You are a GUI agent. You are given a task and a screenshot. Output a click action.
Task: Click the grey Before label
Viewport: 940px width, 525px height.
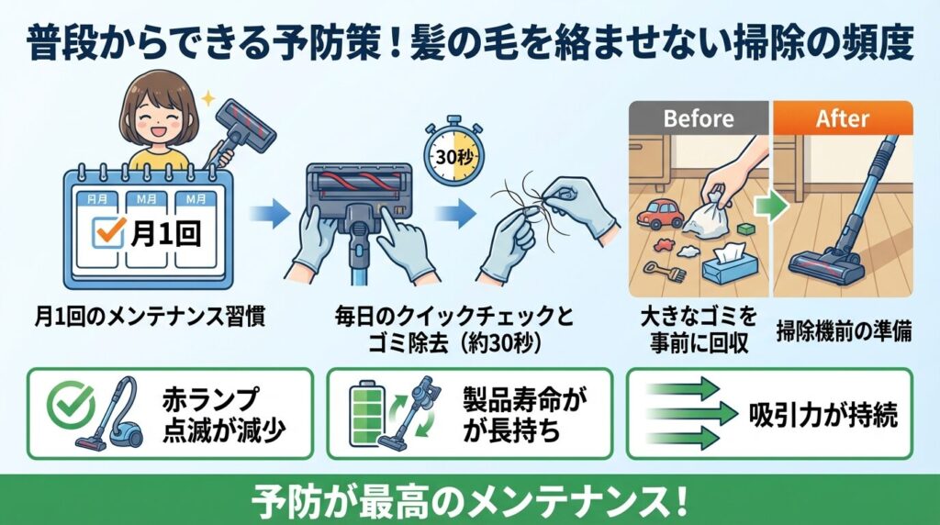pyautogui.click(x=699, y=119)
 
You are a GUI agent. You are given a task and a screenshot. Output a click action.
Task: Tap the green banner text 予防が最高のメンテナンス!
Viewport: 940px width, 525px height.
pyautogui.click(x=469, y=500)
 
